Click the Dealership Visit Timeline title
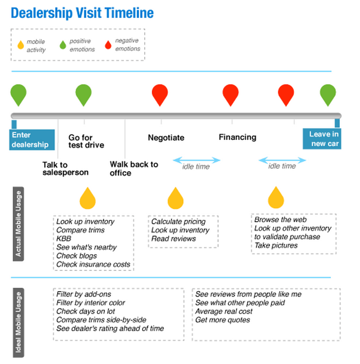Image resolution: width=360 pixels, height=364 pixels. point(82,13)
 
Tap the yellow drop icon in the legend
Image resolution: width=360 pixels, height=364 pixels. point(21,45)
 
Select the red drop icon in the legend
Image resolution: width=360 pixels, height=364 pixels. point(108,45)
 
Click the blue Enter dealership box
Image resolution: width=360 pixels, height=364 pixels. point(32,140)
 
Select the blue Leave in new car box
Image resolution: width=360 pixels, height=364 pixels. point(322,139)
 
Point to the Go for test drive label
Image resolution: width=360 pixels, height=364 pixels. point(86,141)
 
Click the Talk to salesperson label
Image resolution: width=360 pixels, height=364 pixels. point(65,168)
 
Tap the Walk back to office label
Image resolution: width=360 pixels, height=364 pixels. point(134,168)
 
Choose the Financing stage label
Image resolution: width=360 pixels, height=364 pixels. point(237,137)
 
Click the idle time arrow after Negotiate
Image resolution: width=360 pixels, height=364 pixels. point(197,160)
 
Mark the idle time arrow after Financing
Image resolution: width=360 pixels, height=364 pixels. point(282,160)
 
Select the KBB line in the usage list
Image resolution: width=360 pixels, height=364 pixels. point(64,239)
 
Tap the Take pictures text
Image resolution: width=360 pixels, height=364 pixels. point(276,245)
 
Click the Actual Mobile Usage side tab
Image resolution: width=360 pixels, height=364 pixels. point(18,224)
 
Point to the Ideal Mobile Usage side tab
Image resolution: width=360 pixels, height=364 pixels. point(18,323)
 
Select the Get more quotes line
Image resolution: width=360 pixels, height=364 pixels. point(223,320)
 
